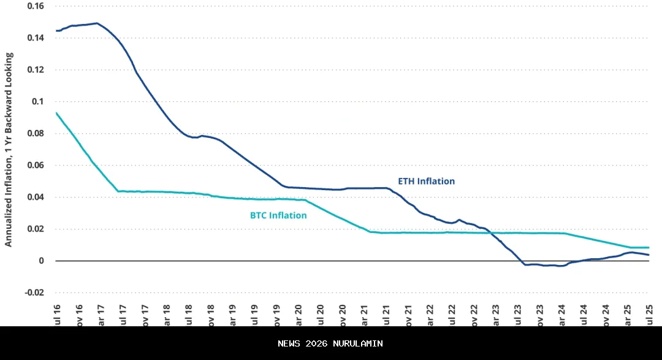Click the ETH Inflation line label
[427, 182]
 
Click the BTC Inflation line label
[278, 216]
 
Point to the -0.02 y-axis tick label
[34, 293]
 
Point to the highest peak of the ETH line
[97, 23]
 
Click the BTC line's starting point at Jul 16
[56, 113]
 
